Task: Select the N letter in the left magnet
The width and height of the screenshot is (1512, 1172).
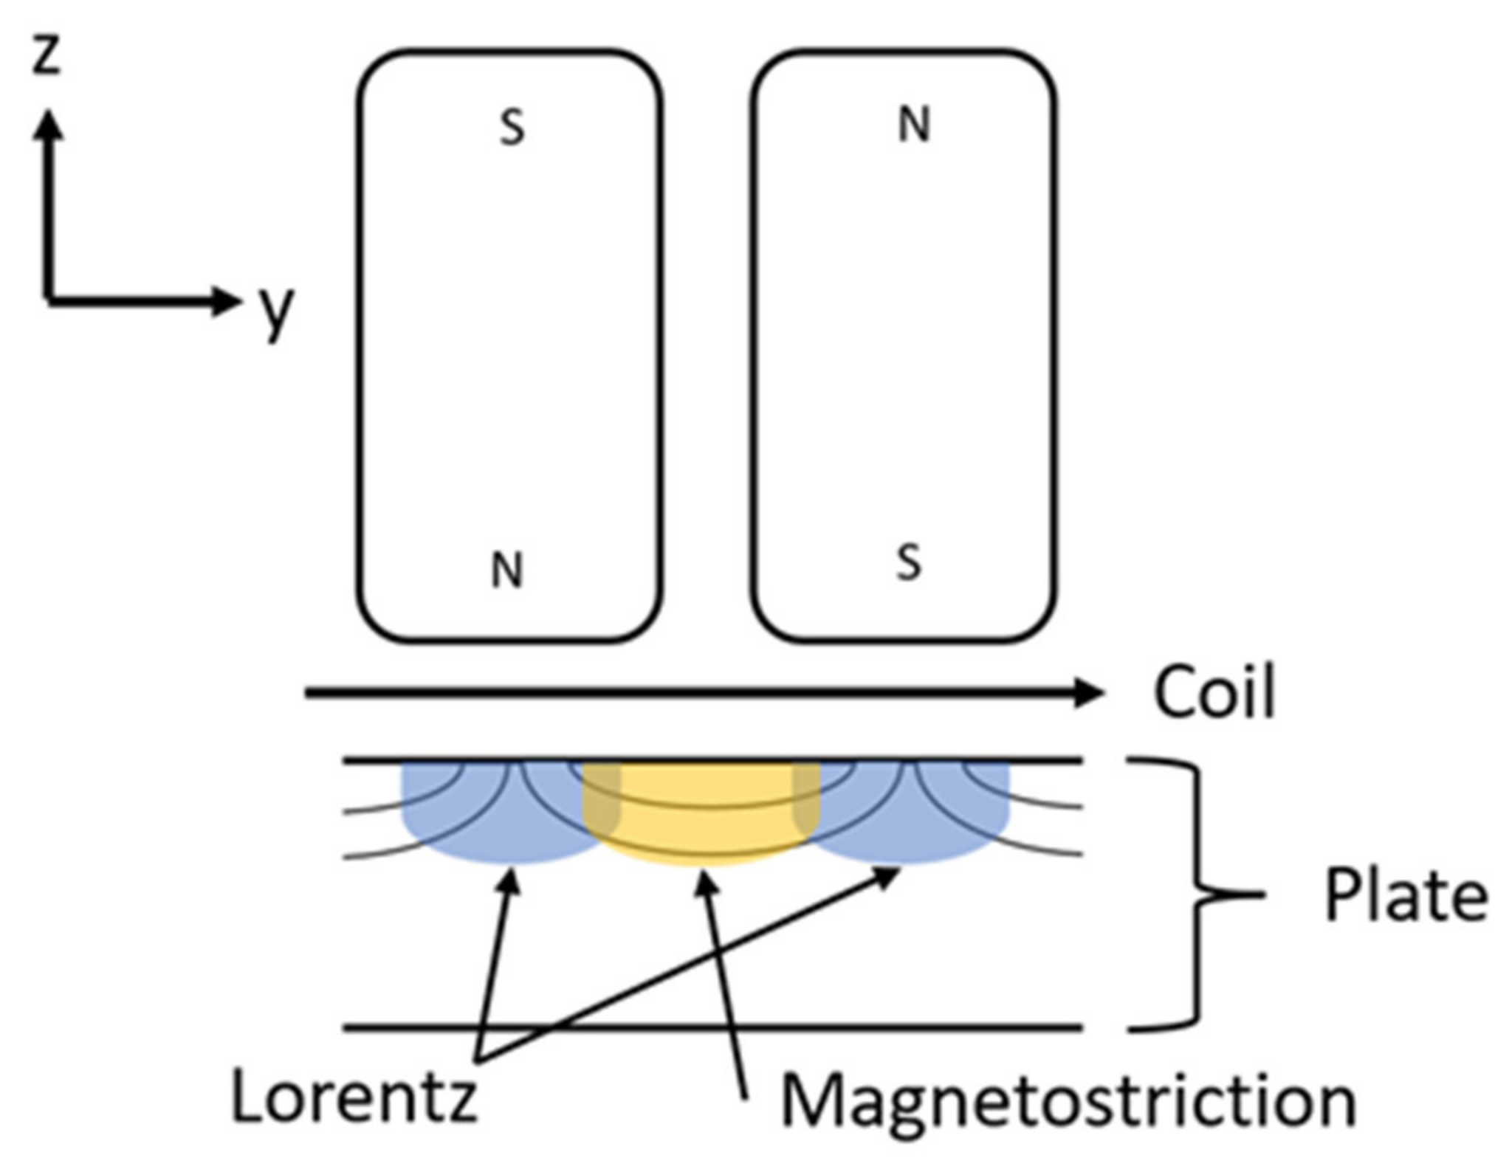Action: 507,571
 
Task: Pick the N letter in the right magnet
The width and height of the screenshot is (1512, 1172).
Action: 914,125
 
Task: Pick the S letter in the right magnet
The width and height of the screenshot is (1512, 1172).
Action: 909,564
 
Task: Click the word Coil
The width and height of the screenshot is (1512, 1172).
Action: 1214,693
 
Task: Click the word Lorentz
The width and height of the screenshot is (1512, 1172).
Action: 354,1097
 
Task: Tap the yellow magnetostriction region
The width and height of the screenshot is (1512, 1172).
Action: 701,812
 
